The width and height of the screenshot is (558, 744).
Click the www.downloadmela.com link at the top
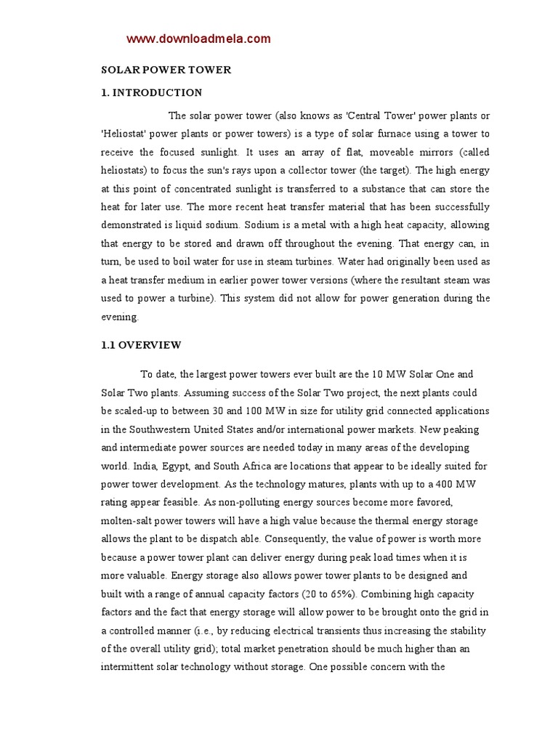tap(198, 39)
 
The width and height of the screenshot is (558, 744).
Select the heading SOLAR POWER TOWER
tap(166, 70)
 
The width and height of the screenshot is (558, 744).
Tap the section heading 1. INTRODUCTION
tap(151, 93)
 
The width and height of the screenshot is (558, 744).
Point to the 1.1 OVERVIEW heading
tap(141, 345)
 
